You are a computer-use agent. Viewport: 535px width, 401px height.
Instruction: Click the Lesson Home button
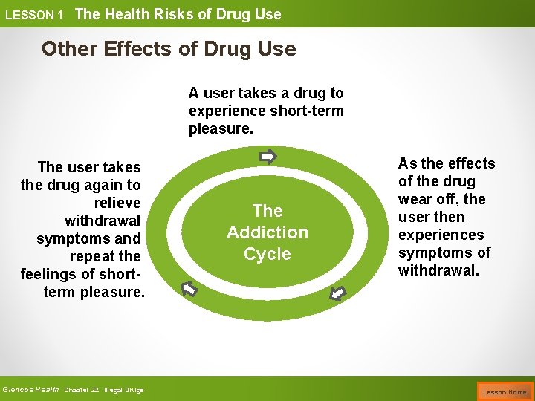pyautogui.click(x=505, y=391)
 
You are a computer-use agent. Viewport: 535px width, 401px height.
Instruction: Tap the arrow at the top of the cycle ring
pyautogui.click(x=267, y=157)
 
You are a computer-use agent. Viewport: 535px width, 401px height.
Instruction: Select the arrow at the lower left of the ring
pyautogui.click(x=189, y=288)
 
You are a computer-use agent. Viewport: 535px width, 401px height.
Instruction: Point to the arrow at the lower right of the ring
pyautogui.click(x=338, y=293)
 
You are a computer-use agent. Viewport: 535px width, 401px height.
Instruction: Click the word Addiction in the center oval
pyautogui.click(x=267, y=232)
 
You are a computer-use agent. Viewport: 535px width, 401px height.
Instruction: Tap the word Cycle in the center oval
pyautogui.click(x=267, y=254)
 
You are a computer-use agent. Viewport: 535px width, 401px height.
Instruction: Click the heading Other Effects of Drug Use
pyautogui.click(x=169, y=49)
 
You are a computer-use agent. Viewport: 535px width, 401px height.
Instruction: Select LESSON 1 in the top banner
pyautogui.click(x=34, y=15)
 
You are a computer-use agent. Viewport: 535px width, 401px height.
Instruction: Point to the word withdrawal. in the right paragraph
pyautogui.click(x=438, y=270)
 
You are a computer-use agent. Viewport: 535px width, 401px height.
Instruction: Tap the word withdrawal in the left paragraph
pyautogui.click(x=103, y=221)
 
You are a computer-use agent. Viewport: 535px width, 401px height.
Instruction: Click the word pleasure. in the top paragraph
pyautogui.click(x=221, y=128)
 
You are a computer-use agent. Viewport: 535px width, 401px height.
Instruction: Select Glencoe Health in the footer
pyautogui.click(x=30, y=389)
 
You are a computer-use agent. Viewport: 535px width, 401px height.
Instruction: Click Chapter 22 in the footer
pyautogui.click(x=82, y=390)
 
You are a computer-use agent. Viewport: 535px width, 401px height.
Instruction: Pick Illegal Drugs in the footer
pyautogui.click(x=124, y=390)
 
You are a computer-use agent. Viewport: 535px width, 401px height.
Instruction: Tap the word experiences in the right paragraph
pyautogui.click(x=441, y=235)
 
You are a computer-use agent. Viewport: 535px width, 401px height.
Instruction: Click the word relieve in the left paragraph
pyautogui.click(x=117, y=203)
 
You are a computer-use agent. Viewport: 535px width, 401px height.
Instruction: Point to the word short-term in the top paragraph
pyautogui.click(x=308, y=111)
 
